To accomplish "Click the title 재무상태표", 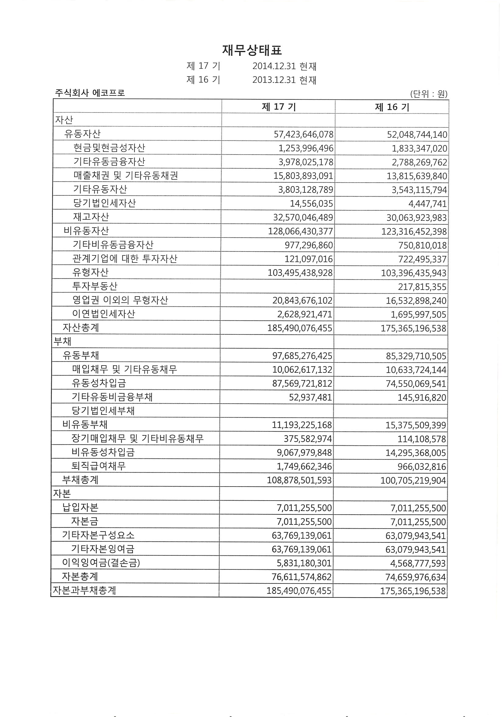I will (252, 50).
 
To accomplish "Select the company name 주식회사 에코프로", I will (90, 93).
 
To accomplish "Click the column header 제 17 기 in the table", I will (279, 107).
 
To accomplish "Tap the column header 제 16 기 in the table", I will (392, 107).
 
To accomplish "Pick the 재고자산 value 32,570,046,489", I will (303, 217).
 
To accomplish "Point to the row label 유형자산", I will (90, 272).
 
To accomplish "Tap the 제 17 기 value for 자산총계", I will (299, 328).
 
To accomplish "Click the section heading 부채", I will (62, 341).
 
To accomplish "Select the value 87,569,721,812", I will (302, 383).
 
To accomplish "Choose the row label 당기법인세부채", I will (103, 411).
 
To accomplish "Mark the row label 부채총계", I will (80, 480).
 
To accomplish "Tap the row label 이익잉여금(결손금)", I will (101, 563).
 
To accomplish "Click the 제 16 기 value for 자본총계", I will (415, 577).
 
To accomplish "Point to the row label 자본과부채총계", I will (85, 590).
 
